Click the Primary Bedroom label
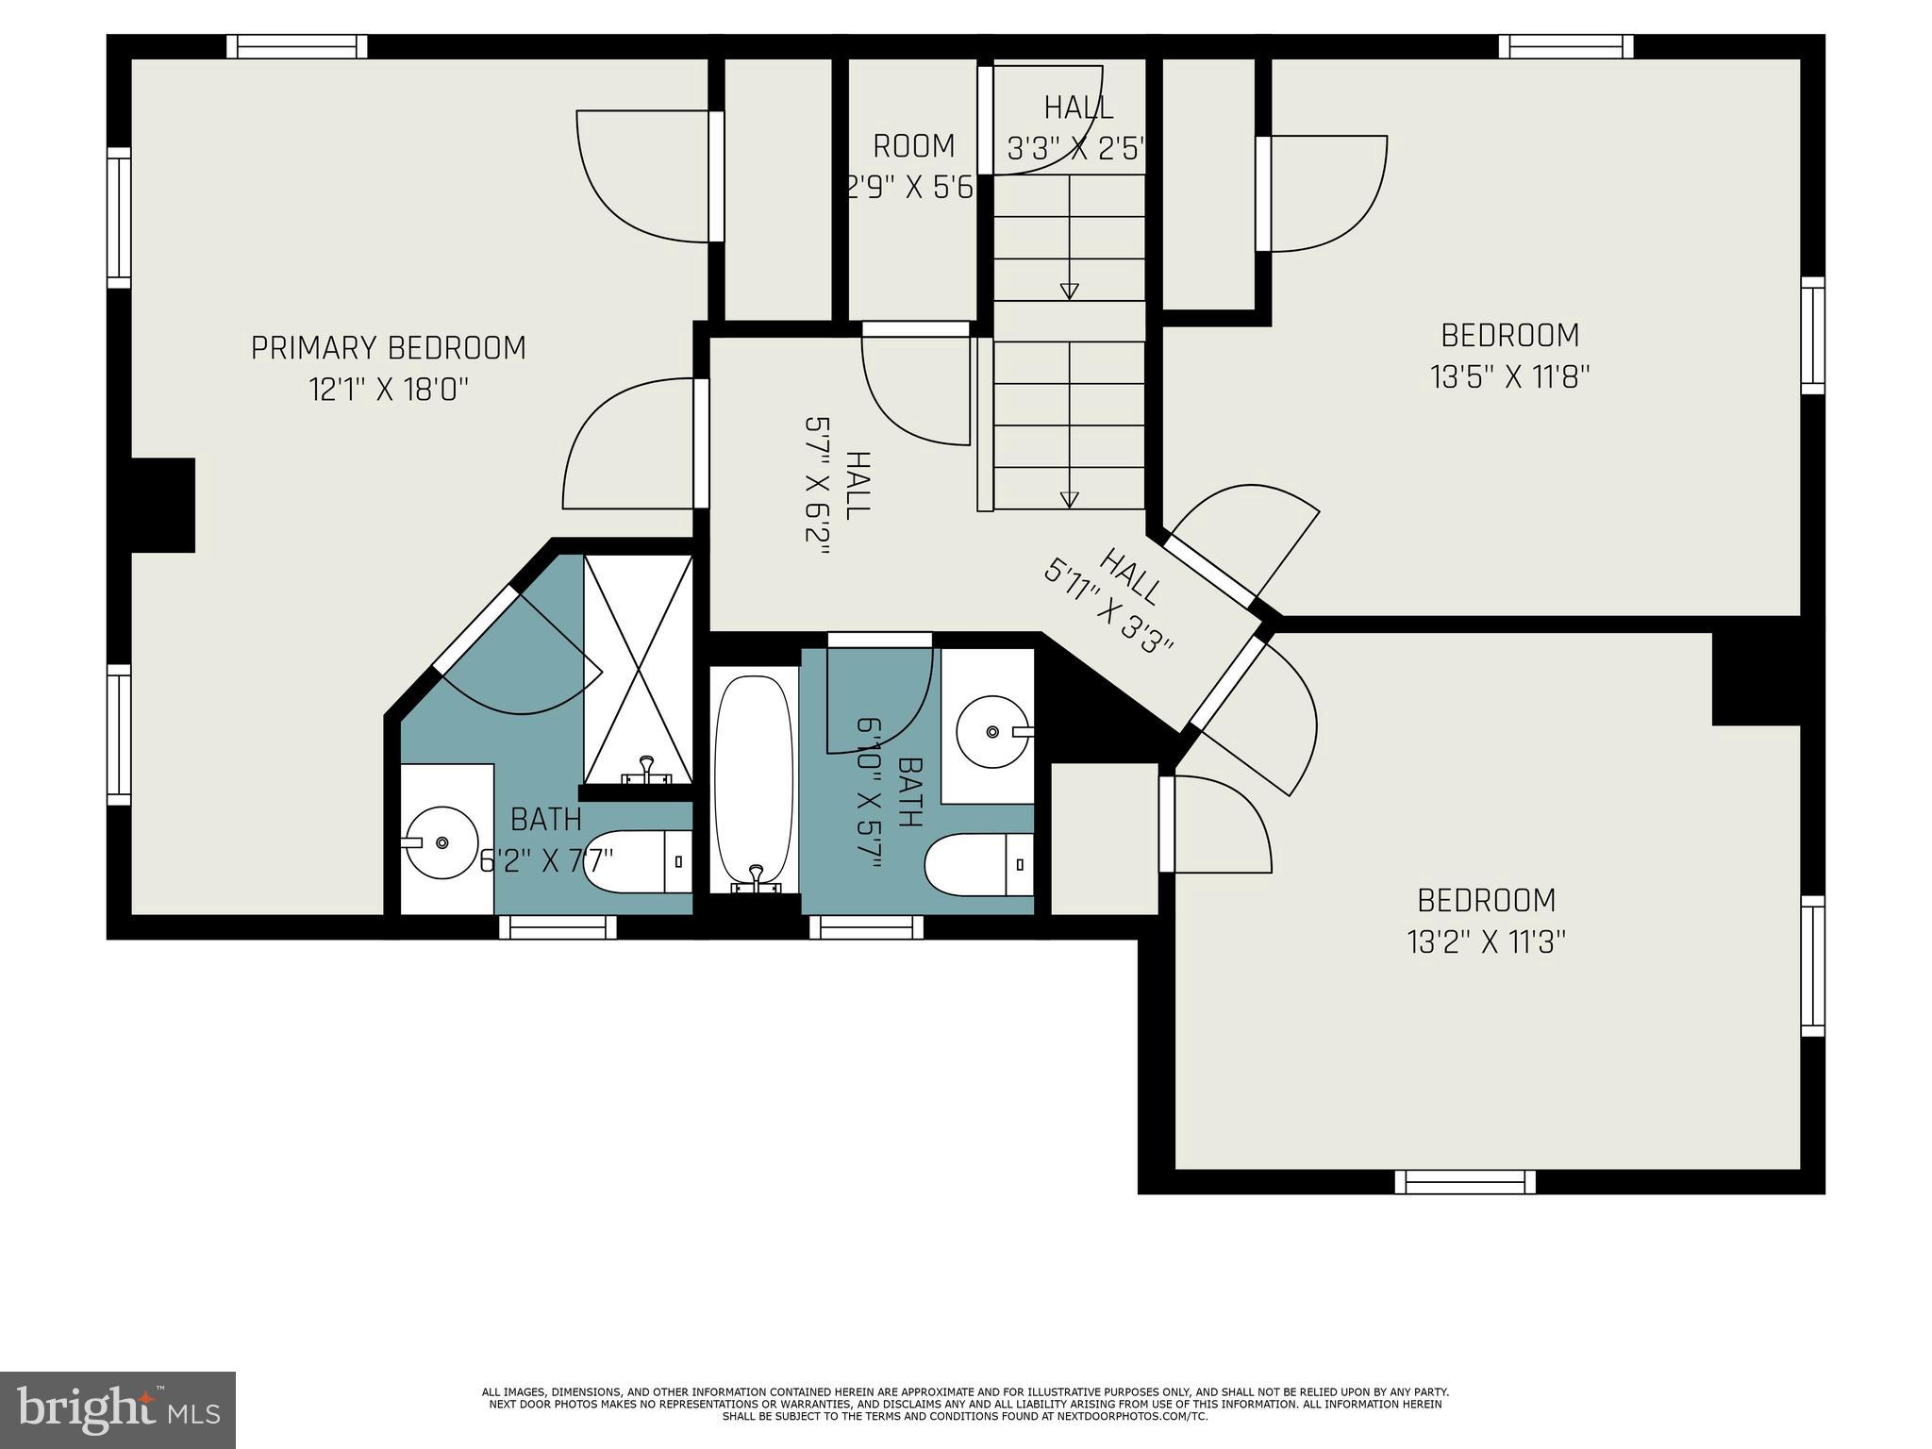point(388,348)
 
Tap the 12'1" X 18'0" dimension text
point(389,390)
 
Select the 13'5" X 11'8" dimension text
point(1510,377)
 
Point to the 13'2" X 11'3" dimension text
point(1487,942)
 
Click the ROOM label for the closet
point(913,147)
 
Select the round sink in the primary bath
point(441,842)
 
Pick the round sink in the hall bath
point(994,731)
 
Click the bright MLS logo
point(118,1410)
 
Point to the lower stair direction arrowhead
point(1069,500)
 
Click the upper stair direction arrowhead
point(1069,291)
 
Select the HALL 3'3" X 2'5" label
point(1077,128)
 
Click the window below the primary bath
point(558,927)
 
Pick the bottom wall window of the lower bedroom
point(1465,1182)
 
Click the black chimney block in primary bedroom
point(162,506)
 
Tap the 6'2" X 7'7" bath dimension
point(547,861)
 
